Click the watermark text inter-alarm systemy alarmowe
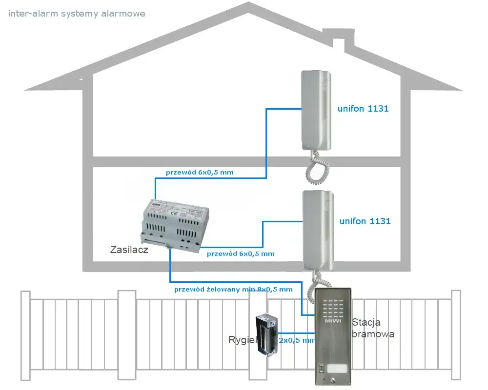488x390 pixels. click(x=77, y=14)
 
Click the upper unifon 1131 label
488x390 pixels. click(x=363, y=109)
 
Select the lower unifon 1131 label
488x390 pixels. click(x=365, y=221)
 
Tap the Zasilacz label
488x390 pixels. click(x=129, y=250)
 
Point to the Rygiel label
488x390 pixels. click(x=242, y=340)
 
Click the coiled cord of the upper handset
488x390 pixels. click(x=317, y=168)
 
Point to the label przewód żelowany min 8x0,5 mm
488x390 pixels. click(x=233, y=289)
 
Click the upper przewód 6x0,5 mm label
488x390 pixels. click(x=200, y=172)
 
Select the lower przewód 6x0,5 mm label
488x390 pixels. click(x=241, y=253)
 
